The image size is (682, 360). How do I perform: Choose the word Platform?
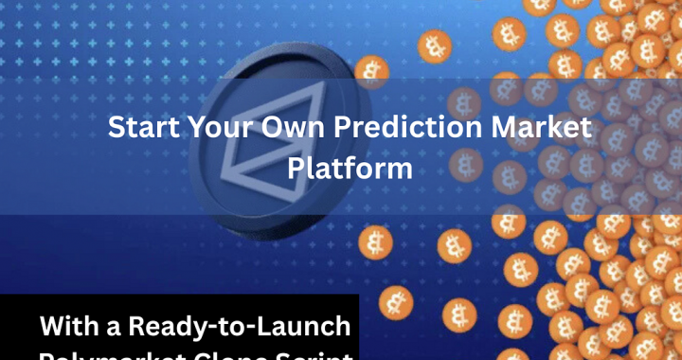tap(350, 169)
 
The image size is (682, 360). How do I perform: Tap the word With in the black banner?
tap(70, 327)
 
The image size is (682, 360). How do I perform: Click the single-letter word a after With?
tap(116, 328)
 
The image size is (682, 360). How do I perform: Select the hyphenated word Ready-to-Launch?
tap(241, 328)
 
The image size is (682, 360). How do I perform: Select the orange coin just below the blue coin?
tap(374, 243)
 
